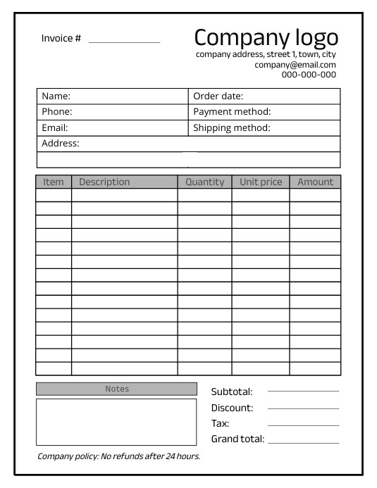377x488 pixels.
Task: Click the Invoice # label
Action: (x=61, y=38)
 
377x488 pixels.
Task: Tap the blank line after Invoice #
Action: (x=124, y=42)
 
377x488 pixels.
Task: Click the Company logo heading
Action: (x=266, y=37)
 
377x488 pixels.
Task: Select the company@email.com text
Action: (x=295, y=65)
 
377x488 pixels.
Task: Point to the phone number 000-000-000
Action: (x=309, y=75)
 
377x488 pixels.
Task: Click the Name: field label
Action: (x=56, y=96)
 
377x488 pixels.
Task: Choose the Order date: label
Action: (x=218, y=96)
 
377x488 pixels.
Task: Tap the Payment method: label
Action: (x=232, y=112)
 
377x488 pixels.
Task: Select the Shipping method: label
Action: (x=232, y=128)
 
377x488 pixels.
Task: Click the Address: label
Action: (x=61, y=144)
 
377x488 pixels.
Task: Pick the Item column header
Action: (x=54, y=182)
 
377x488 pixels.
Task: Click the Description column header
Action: (x=104, y=182)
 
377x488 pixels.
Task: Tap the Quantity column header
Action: (x=204, y=182)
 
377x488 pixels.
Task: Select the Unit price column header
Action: (x=261, y=182)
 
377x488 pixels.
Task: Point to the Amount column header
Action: (x=315, y=182)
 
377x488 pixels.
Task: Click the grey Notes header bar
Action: (x=116, y=389)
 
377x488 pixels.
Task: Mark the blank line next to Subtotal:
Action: (x=303, y=391)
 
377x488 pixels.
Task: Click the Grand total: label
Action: (x=237, y=439)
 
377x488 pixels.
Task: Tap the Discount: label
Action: (x=232, y=408)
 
